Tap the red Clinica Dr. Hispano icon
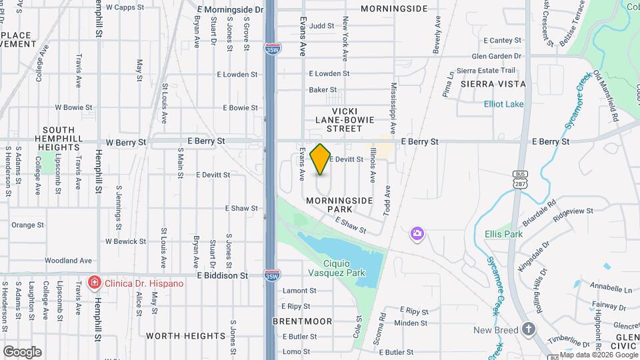pyautogui.click(x=95, y=283)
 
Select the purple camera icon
pyautogui.click(x=417, y=233)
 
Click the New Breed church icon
pyautogui.click(x=529, y=329)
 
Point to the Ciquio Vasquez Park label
pyautogui.click(x=337, y=268)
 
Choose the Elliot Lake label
pyautogui.click(x=504, y=104)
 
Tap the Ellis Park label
pyautogui.click(x=504, y=234)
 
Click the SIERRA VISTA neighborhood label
pyautogui.click(x=493, y=84)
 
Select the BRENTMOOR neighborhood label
pyautogui.click(x=303, y=321)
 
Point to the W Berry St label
pyautogui.click(x=125, y=142)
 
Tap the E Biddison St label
pyautogui.click(x=223, y=275)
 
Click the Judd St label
pyautogui.click(x=321, y=26)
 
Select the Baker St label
pyautogui.click(x=323, y=89)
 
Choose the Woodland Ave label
pyautogui.click(x=68, y=261)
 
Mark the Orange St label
pyautogui.click(x=27, y=225)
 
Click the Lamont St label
pyautogui.click(x=299, y=291)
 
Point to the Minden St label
pyautogui.click(x=411, y=323)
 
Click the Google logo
pyautogui.click(x=22, y=351)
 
